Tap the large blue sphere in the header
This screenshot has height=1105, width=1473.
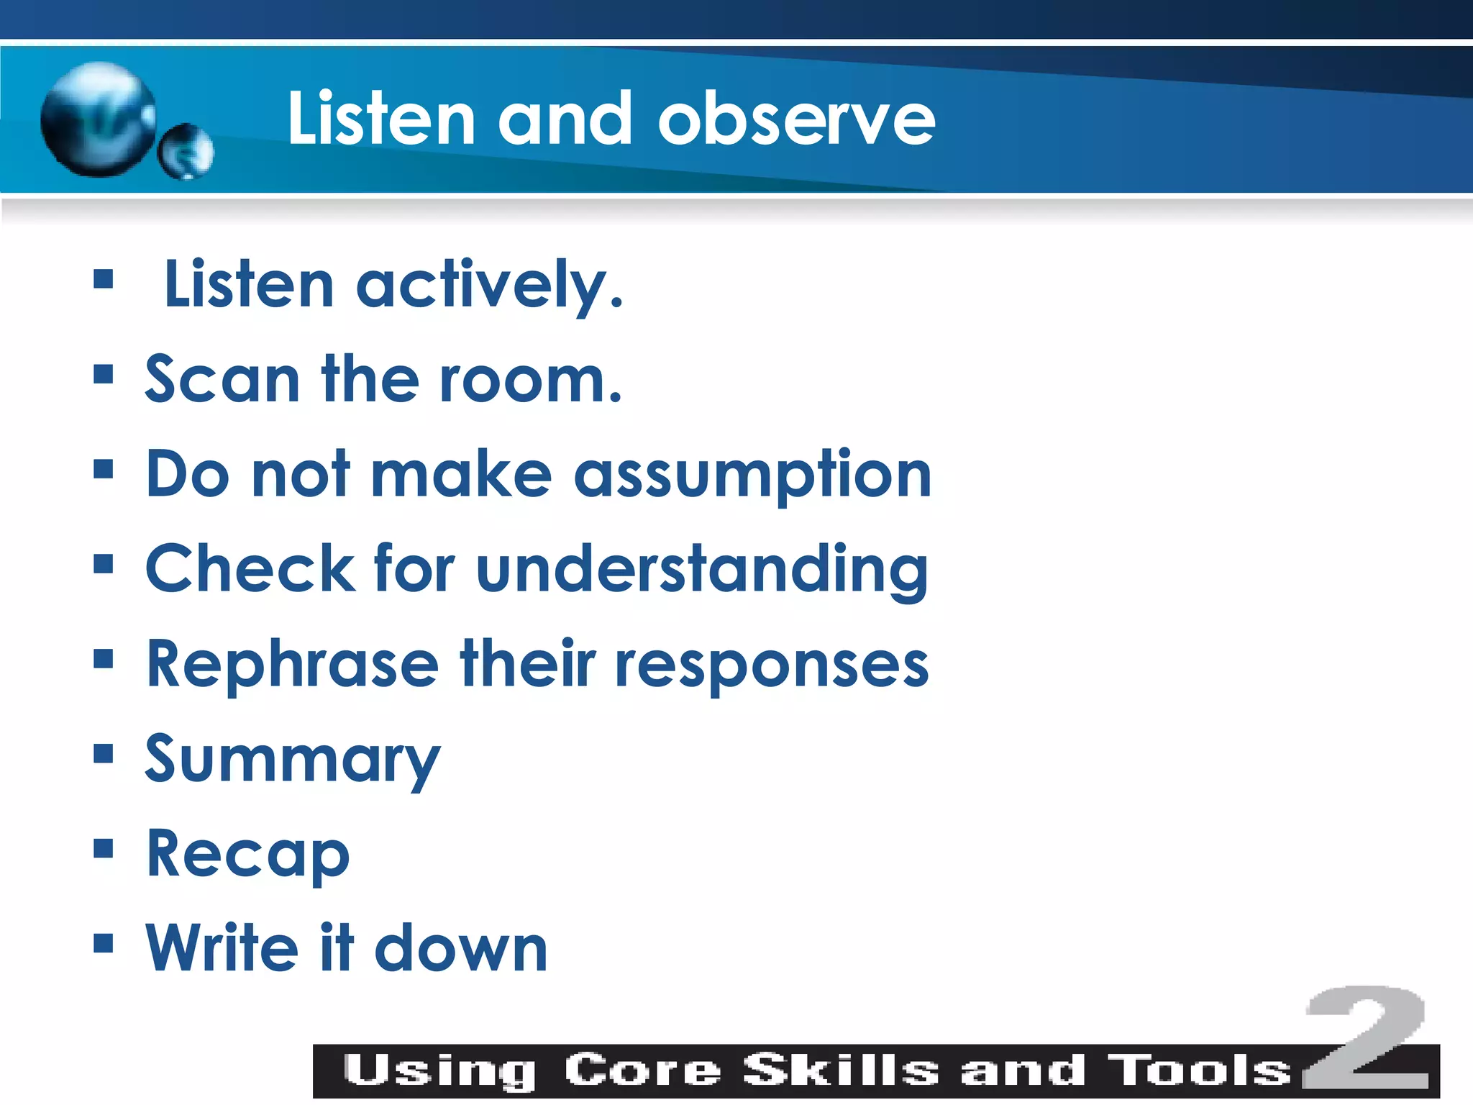tap(99, 119)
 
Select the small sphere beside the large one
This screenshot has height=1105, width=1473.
tap(186, 151)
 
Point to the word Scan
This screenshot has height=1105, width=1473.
tap(222, 379)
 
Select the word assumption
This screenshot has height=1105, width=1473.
tap(752, 476)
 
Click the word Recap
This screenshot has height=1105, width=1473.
tap(248, 855)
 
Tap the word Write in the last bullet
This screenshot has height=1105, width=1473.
tap(222, 947)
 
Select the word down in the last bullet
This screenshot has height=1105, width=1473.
tap(461, 949)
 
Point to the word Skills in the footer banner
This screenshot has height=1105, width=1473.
tap(840, 1070)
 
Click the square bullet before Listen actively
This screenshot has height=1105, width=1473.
tap(104, 278)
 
